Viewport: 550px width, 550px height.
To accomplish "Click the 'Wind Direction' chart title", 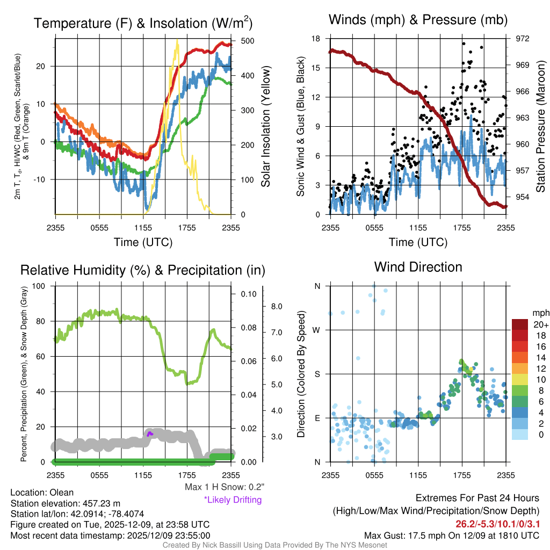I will (x=418, y=267).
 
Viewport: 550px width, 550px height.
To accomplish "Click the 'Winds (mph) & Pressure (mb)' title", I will (x=418, y=20).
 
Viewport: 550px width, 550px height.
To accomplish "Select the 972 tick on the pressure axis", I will (x=523, y=39).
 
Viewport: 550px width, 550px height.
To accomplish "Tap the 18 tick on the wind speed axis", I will (x=316, y=39).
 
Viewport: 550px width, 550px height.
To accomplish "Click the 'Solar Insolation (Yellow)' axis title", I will (x=265, y=127).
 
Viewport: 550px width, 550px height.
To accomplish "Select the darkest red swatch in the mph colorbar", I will (x=520, y=324).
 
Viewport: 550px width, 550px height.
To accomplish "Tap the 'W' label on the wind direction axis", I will (x=317, y=330).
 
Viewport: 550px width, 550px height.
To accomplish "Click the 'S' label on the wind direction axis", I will (x=317, y=374).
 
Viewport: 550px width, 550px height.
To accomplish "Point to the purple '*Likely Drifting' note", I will (x=233, y=500).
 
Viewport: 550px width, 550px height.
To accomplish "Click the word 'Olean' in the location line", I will (x=62, y=492).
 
